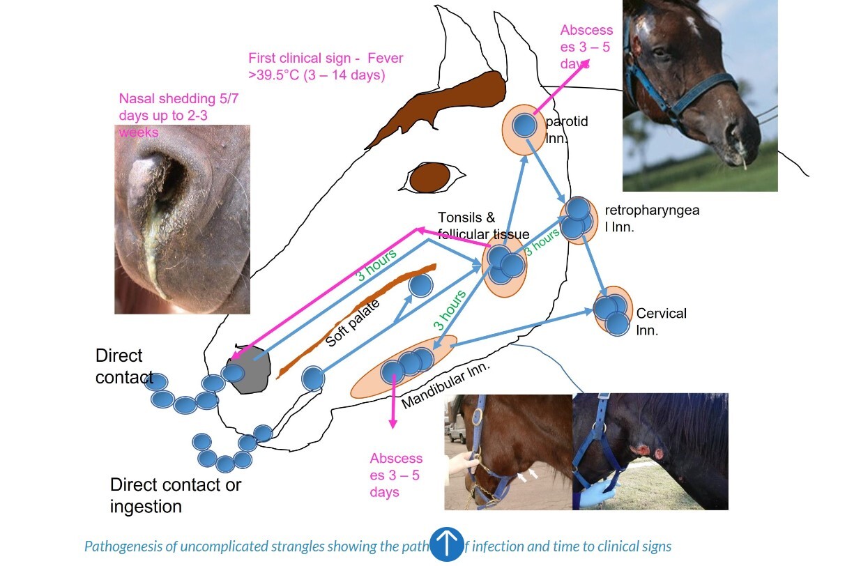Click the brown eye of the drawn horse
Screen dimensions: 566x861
point(429,178)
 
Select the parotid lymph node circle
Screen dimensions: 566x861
point(524,125)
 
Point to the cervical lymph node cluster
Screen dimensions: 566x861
point(613,311)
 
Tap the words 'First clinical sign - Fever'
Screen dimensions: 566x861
point(326,59)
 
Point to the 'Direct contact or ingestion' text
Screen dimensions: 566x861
point(175,495)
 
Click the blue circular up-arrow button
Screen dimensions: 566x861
point(446,544)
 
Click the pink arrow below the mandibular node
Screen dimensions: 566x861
point(393,404)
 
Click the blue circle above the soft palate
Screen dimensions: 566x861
point(420,285)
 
